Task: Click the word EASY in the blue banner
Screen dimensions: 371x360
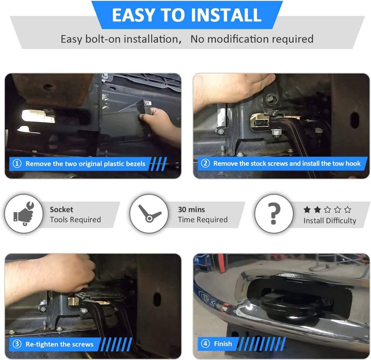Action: click(133, 15)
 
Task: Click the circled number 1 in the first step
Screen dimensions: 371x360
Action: click(17, 163)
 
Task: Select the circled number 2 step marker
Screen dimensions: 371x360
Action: click(205, 163)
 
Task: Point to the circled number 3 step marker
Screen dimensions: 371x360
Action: click(17, 344)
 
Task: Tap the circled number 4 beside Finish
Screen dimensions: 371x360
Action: click(205, 344)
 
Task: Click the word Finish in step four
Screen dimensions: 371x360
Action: click(223, 344)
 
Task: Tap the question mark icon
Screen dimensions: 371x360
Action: click(274, 213)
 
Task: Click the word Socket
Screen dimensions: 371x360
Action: click(62, 210)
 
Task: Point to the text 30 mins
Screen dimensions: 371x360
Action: click(191, 210)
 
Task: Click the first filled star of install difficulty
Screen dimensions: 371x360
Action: click(307, 210)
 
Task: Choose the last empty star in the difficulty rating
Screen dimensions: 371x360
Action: click(348, 210)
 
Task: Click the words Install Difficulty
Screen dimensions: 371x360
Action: click(330, 221)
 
